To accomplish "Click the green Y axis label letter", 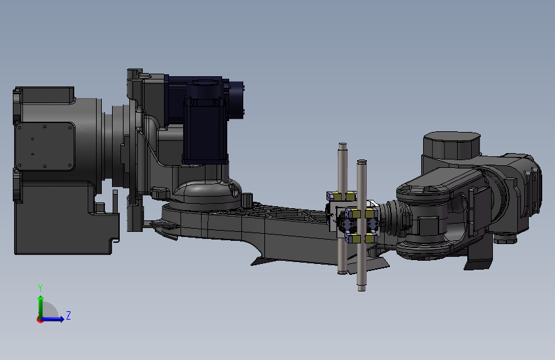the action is (40, 288).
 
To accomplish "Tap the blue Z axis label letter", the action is (68, 315).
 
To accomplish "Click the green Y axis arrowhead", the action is (41, 299).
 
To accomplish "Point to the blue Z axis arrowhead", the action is (61, 319).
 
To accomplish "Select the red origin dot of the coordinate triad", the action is (40, 320).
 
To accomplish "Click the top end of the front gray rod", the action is (362, 162).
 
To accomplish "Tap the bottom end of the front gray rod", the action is (362, 288).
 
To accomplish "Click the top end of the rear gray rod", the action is (342, 145).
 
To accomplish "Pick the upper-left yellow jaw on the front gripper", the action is (355, 214).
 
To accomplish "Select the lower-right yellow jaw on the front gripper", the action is (370, 238).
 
